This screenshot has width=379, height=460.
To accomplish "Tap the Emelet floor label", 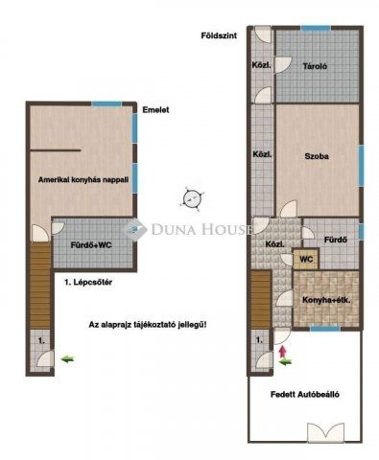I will pyautogui.click(x=155, y=109).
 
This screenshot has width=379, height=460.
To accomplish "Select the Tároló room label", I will pyautogui.click(x=318, y=66).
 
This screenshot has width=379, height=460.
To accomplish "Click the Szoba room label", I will pyautogui.click(x=319, y=155).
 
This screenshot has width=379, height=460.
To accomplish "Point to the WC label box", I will pyautogui.click(x=306, y=259).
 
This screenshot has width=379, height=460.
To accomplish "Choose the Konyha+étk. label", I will pyautogui.click(x=327, y=297).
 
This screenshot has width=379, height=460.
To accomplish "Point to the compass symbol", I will pyautogui.click(x=195, y=198).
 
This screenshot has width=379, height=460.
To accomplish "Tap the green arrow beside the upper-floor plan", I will pyautogui.click(x=66, y=358).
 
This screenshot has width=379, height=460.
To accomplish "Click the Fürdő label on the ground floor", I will pyautogui.click(x=335, y=240).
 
